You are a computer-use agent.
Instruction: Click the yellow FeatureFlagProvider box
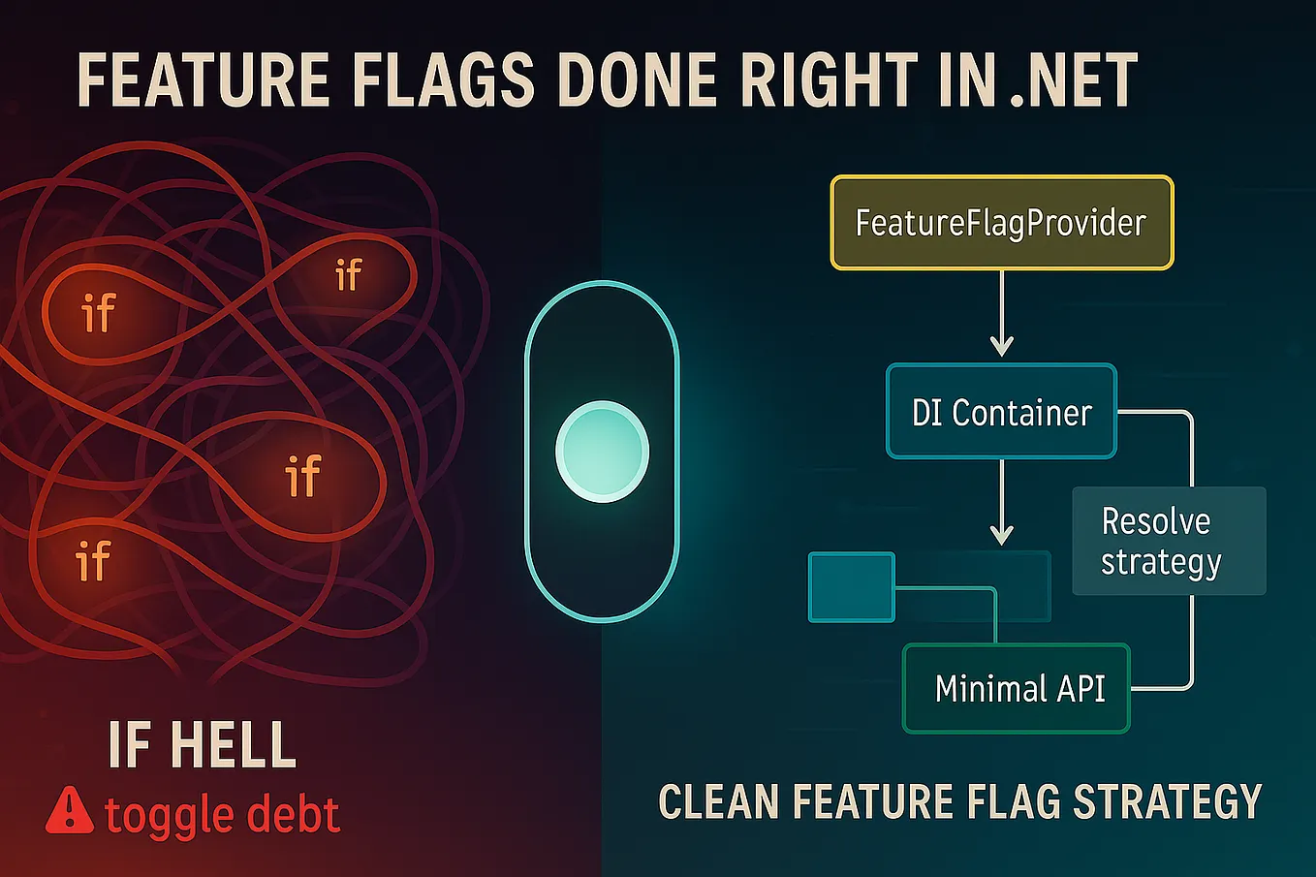[x=1001, y=223]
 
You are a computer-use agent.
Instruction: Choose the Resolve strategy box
[x=1168, y=541]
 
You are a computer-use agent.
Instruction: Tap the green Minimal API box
[x=1017, y=689]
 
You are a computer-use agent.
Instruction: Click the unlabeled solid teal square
[x=851, y=586]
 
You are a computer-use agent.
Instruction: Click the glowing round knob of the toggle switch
[x=602, y=452]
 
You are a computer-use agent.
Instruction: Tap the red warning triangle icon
[x=70, y=811]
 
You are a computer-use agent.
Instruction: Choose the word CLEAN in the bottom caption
[x=718, y=802]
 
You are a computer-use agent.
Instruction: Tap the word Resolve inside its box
[x=1156, y=521]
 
